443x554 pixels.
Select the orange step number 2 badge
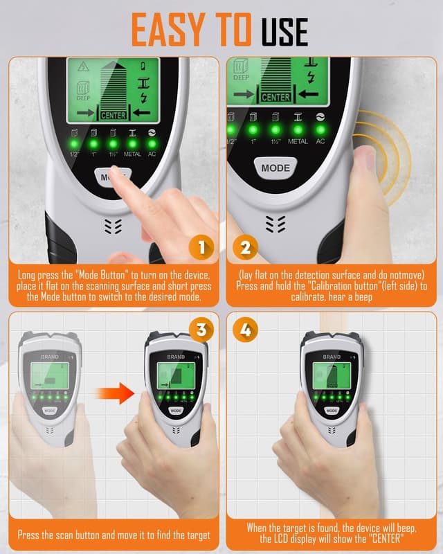pyautogui.click(x=244, y=248)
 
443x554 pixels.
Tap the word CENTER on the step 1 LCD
pyautogui.click(x=114, y=115)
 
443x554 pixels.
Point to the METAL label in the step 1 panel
pyautogui.click(x=132, y=153)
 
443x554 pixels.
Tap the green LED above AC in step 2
pyautogui.click(x=320, y=129)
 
